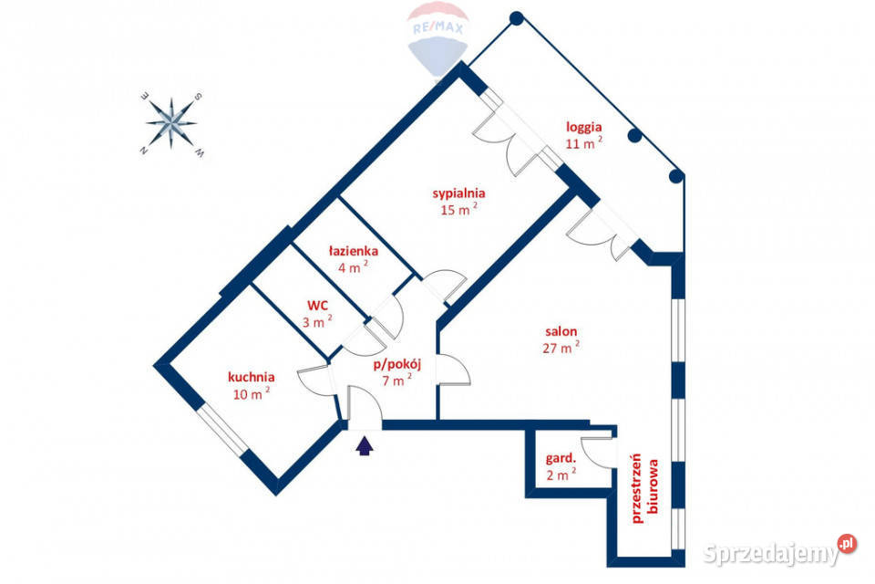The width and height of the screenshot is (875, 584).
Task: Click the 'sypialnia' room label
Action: pos(458,193)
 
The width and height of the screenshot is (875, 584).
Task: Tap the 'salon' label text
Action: pos(561,331)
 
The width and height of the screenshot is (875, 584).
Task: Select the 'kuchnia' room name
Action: pos(252,377)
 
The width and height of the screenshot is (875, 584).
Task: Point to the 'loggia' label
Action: pos(583,128)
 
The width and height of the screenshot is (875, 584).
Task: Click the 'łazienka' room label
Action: pos(354,251)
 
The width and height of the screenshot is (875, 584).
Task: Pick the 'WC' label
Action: pos(317,306)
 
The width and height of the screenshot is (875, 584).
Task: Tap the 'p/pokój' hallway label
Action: pos(396,365)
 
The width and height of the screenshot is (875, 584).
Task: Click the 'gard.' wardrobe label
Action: pos(561,459)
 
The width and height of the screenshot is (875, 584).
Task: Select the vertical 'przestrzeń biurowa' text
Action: pos(644,488)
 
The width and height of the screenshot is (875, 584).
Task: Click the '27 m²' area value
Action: pos(561,347)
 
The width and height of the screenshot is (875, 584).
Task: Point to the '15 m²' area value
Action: pos(458,209)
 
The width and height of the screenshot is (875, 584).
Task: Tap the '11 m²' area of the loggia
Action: pos(583,142)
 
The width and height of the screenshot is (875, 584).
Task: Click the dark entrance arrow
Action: pos(365,446)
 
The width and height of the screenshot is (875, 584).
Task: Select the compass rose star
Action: pos(171,123)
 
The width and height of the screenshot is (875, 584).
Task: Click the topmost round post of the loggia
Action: pos(517,18)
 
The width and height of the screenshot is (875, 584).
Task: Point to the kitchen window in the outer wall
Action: pos(222,429)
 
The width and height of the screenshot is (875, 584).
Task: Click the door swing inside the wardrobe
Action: pos(597,452)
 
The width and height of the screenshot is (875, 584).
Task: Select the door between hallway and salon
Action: pos(453,370)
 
